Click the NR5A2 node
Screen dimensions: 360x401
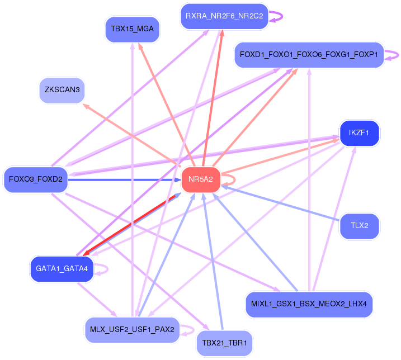point(200,179)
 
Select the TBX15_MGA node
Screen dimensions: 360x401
point(132,29)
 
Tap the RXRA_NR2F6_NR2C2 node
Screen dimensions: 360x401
point(224,16)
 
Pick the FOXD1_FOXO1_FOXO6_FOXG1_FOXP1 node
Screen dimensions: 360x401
point(309,55)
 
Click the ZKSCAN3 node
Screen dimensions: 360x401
point(62,90)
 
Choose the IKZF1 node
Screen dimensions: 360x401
point(359,134)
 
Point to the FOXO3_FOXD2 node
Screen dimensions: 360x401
point(35,179)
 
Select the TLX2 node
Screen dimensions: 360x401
point(359,226)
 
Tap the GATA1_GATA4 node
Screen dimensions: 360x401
point(62,269)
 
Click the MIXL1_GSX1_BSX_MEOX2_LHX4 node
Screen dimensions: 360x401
point(309,305)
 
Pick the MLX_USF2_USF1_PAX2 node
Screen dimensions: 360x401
point(132,329)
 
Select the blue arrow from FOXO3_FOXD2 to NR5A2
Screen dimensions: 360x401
point(123,179)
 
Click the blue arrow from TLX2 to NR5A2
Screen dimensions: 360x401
point(280,205)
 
